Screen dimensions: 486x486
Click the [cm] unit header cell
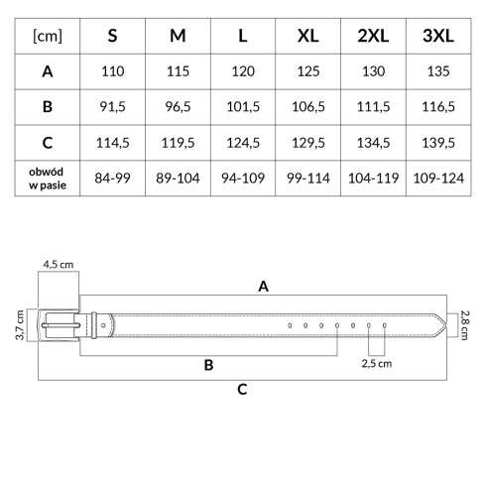point(48,36)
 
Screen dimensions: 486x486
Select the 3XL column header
point(438,36)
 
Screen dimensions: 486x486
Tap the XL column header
point(307,36)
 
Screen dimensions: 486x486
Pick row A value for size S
point(113,71)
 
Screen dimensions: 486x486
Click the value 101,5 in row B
point(243,107)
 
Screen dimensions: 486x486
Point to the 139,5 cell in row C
point(438,143)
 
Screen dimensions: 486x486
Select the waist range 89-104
point(178,179)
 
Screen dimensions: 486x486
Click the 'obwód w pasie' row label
point(48,179)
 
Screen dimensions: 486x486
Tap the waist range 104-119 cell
point(373,179)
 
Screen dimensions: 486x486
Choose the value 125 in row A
point(308,71)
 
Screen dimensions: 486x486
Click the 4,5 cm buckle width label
point(59,265)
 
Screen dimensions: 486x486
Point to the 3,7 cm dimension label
point(20,325)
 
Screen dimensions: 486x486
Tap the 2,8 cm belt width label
point(464,325)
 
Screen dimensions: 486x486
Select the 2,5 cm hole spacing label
point(377,364)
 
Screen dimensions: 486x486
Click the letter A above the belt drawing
point(263,287)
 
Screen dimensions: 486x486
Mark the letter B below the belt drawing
point(208,365)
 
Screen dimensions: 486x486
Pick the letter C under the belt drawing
point(242,389)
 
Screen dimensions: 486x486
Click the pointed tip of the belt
point(446,325)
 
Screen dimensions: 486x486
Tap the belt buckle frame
point(40,325)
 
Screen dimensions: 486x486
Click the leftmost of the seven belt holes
point(290,325)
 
